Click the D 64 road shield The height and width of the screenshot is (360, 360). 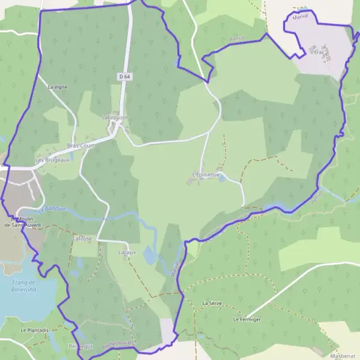point(124,77)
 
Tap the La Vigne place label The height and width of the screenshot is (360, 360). point(58,87)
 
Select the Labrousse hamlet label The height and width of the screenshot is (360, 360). point(115,117)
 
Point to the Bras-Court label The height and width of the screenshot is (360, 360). point(80,146)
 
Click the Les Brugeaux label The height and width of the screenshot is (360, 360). point(53,160)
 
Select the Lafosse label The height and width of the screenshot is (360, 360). point(82,238)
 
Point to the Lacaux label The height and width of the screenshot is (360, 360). point(127,253)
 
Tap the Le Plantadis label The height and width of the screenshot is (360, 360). point(34,330)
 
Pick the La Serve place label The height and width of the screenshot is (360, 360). point(212,304)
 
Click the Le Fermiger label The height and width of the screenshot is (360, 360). point(247,320)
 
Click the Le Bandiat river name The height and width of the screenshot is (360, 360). point(50,210)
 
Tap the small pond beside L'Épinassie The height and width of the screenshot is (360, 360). point(223,178)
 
